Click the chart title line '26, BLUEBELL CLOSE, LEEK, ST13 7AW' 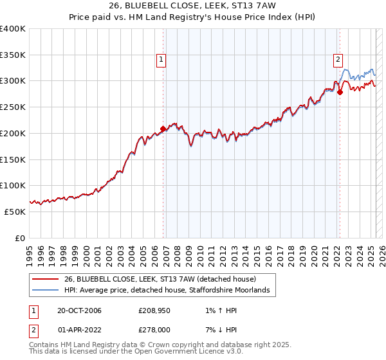click(193, 6)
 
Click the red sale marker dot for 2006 click(163, 129)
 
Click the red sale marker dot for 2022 click(340, 92)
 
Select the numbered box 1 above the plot click(161, 60)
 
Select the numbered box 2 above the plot click(338, 60)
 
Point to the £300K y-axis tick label click(13, 81)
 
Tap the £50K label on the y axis click(15, 212)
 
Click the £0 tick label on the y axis click(20, 238)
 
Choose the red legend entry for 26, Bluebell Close click(160, 279)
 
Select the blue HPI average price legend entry click(170, 291)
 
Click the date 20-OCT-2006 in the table click(79, 311)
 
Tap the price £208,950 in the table click(154, 311)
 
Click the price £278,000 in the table click(154, 330)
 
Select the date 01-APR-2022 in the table click(79, 330)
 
